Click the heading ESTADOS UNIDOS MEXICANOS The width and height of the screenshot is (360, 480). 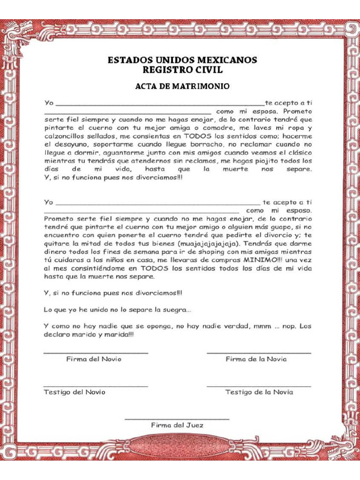[182, 60]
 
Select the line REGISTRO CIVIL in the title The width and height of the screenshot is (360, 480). [182, 70]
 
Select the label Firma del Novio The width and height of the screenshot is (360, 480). [94, 359]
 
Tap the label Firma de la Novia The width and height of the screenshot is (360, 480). [256, 359]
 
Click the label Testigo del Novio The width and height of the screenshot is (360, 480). [75, 392]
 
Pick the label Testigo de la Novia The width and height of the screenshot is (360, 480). [259, 392]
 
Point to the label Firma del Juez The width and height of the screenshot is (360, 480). [177, 425]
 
